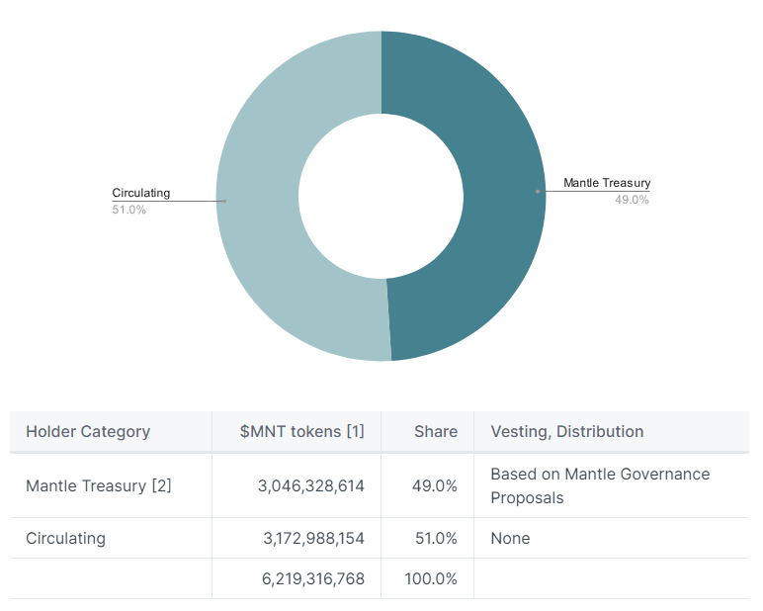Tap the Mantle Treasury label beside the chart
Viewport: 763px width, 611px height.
coord(607,183)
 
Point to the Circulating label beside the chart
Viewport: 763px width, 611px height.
coord(140,193)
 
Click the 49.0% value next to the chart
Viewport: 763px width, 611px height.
coord(632,200)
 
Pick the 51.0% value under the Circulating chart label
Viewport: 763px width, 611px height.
coord(128,210)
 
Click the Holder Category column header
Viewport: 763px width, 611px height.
coord(88,431)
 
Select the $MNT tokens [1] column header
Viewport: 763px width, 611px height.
coord(301,431)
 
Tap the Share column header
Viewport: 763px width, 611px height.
coord(436,431)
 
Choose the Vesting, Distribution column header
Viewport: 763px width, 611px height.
coord(566,431)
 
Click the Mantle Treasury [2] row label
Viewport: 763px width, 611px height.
coord(99,485)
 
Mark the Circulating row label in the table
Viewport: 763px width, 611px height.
coord(65,539)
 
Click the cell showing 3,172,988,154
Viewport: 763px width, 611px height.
coord(313,539)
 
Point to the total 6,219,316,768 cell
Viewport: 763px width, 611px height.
coord(313,579)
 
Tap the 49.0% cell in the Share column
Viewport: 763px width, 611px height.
coord(434,485)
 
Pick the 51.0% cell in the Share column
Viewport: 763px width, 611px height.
coord(434,539)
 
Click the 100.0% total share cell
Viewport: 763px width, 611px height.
coord(431,579)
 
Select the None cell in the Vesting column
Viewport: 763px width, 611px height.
coord(510,539)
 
